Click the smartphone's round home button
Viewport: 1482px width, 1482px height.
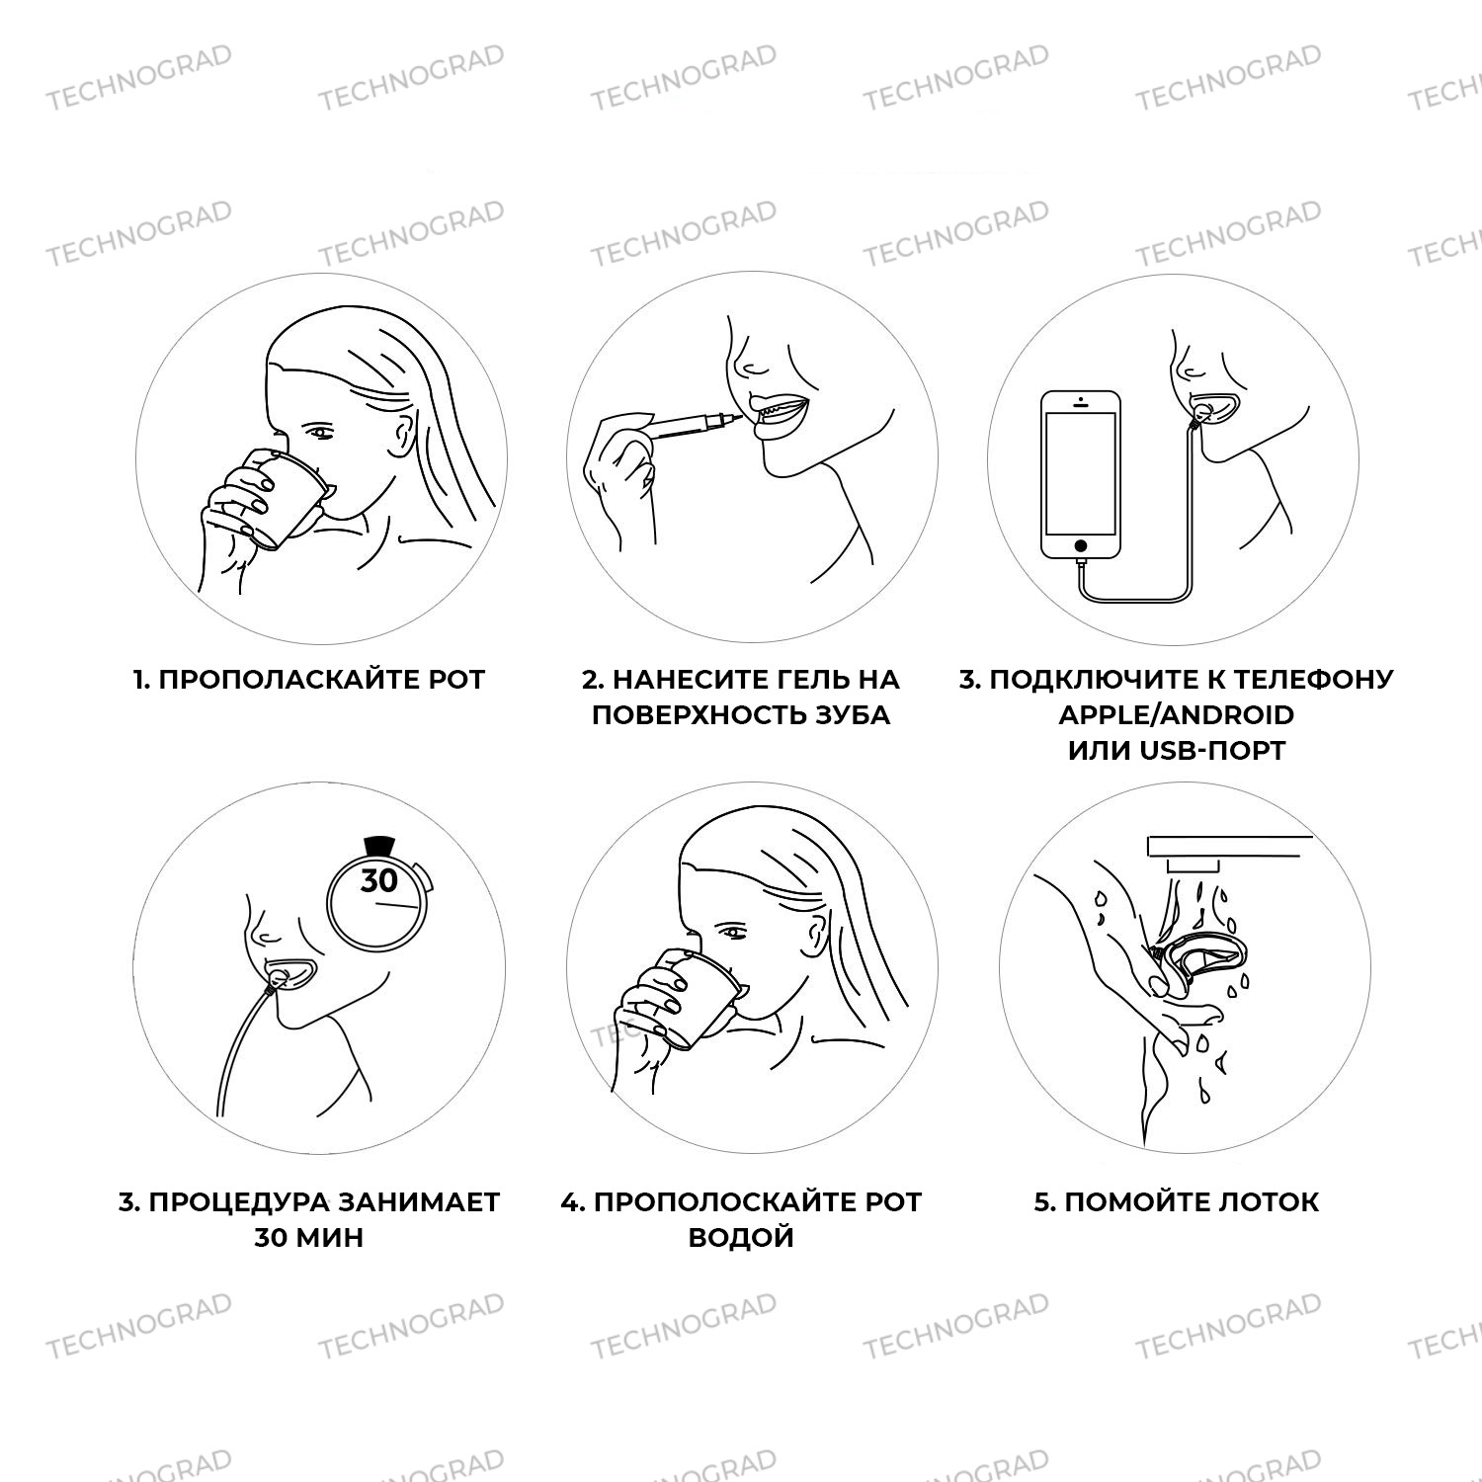(1081, 545)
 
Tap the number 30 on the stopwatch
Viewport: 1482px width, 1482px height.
(378, 880)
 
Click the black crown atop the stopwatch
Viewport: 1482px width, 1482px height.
(378, 846)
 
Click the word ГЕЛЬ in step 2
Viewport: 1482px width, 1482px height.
(804, 680)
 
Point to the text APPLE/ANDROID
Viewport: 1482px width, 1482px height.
(1176, 714)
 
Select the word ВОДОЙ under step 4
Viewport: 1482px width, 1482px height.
(741, 1238)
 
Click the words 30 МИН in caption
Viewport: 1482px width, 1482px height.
(309, 1238)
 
